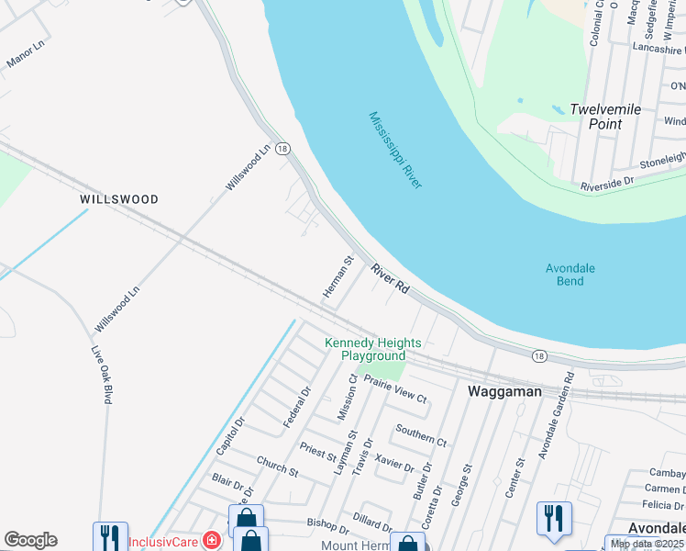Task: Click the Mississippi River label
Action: coord(395,151)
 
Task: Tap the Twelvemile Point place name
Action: coord(605,116)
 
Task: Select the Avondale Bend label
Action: coord(570,275)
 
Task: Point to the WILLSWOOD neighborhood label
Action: coord(119,199)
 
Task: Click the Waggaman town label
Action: coord(504,391)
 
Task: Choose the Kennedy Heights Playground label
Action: coord(373,349)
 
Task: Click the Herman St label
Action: coord(337,276)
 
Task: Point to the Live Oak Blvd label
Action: coord(101,375)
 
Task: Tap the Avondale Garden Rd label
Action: coord(556,416)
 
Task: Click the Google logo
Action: coord(30,540)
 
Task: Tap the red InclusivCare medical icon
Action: coord(212,540)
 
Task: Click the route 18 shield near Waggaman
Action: coord(538,354)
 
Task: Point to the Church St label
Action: coord(277,466)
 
